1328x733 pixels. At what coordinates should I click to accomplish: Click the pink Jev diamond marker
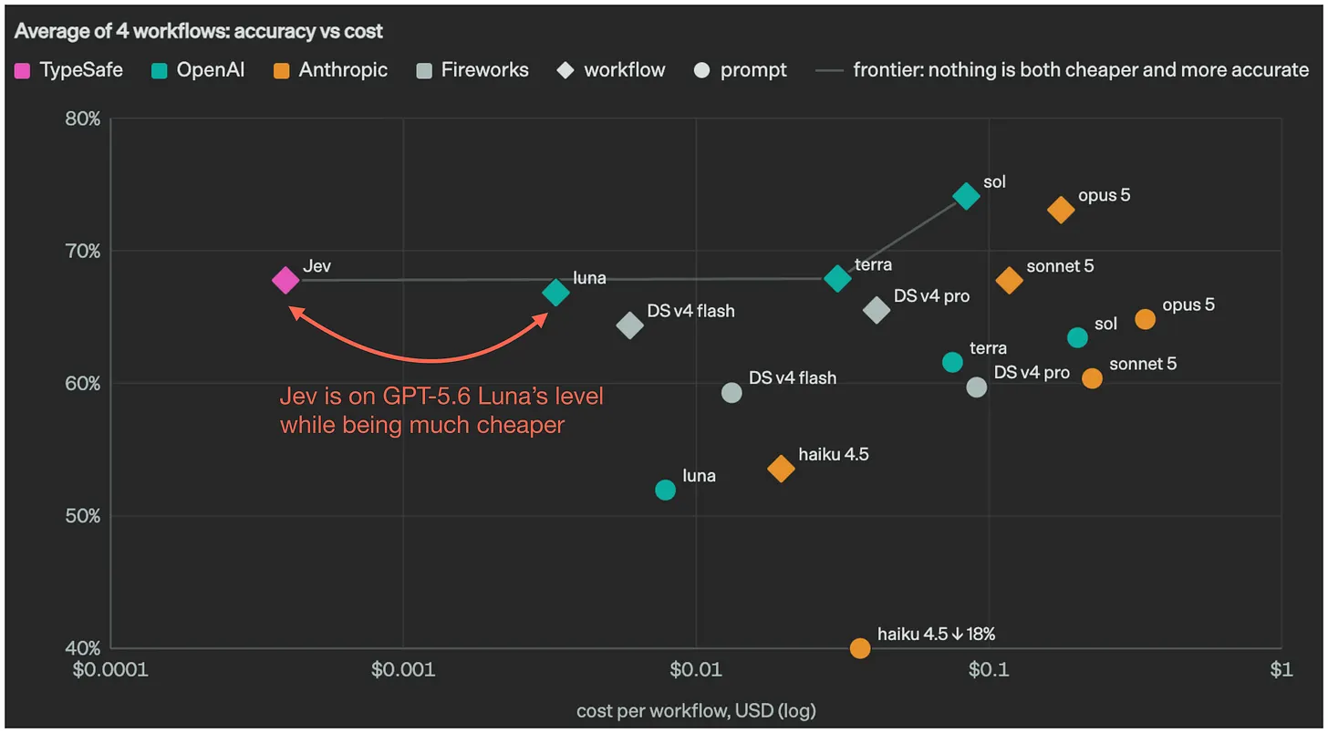pos(285,280)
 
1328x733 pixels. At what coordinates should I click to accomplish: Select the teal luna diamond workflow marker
pos(555,292)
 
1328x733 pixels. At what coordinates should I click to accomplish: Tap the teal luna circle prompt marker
pos(665,490)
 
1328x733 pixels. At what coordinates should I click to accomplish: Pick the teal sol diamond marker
pos(966,196)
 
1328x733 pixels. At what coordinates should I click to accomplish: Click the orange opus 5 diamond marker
pos(1061,210)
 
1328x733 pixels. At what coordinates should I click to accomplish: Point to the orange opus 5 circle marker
pos(1145,319)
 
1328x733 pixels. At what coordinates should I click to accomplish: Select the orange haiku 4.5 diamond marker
pos(781,469)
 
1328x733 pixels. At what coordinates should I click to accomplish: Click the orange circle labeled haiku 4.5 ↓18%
pos(859,648)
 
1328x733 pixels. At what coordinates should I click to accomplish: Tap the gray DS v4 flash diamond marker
pos(629,325)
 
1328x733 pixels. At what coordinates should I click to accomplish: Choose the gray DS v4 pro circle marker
pos(977,387)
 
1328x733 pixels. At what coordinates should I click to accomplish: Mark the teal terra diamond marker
pos(837,278)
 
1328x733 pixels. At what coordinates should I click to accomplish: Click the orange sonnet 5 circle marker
pos(1092,378)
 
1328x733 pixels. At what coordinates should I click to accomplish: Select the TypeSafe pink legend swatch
pos(23,71)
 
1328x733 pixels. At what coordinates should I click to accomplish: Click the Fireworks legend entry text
pos(484,70)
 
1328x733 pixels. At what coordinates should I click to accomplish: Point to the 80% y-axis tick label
pos(82,119)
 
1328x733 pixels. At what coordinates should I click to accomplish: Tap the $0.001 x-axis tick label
pos(403,669)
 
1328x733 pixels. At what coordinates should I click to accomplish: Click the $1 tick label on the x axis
pos(1281,669)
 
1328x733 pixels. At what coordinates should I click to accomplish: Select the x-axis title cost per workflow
pos(696,710)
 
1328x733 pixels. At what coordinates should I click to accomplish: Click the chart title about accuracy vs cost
pos(199,31)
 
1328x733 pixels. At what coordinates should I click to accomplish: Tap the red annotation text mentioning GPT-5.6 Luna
pos(441,410)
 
